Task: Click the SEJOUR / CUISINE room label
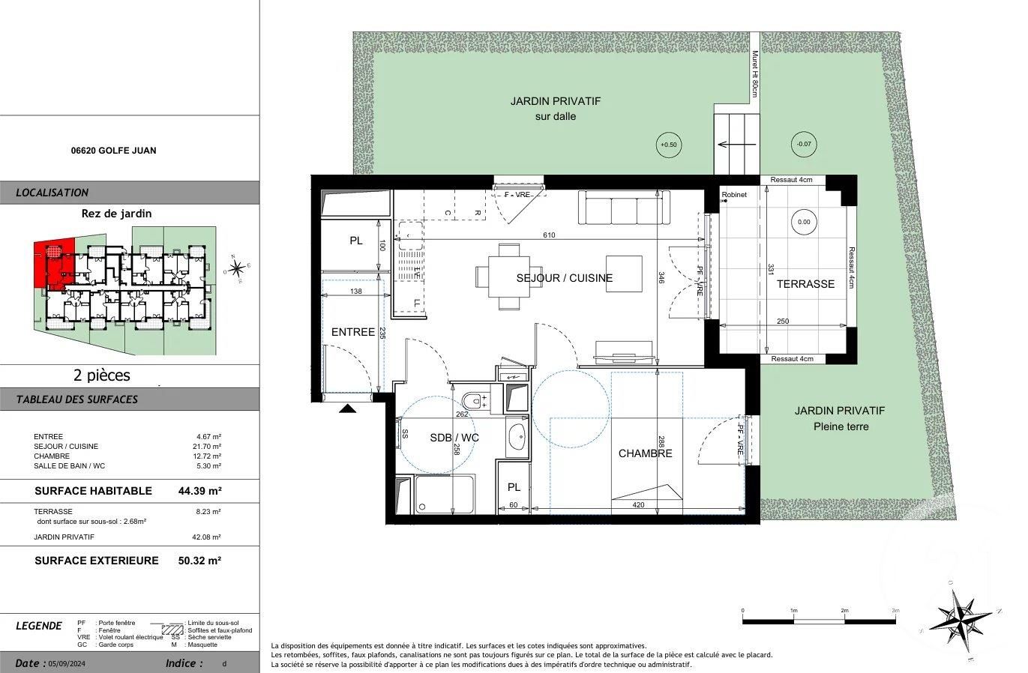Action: [564, 278]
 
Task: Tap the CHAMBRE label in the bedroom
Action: [645, 453]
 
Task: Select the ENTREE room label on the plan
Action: [353, 332]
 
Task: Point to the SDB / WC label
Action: [454, 438]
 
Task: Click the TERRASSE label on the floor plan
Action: [805, 284]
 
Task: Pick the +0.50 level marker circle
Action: [667, 145]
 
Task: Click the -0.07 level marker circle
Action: [804, 145]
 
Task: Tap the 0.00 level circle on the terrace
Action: [804, 222]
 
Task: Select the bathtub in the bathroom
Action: [444, 495]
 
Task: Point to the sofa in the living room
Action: [623, 207]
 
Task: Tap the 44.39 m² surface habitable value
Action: [200, 491]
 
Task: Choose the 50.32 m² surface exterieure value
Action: [200, 561]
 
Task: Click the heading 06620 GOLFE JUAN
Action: [113, 151]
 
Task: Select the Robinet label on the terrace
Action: [734, 195]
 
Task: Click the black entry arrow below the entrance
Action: [348, 408]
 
